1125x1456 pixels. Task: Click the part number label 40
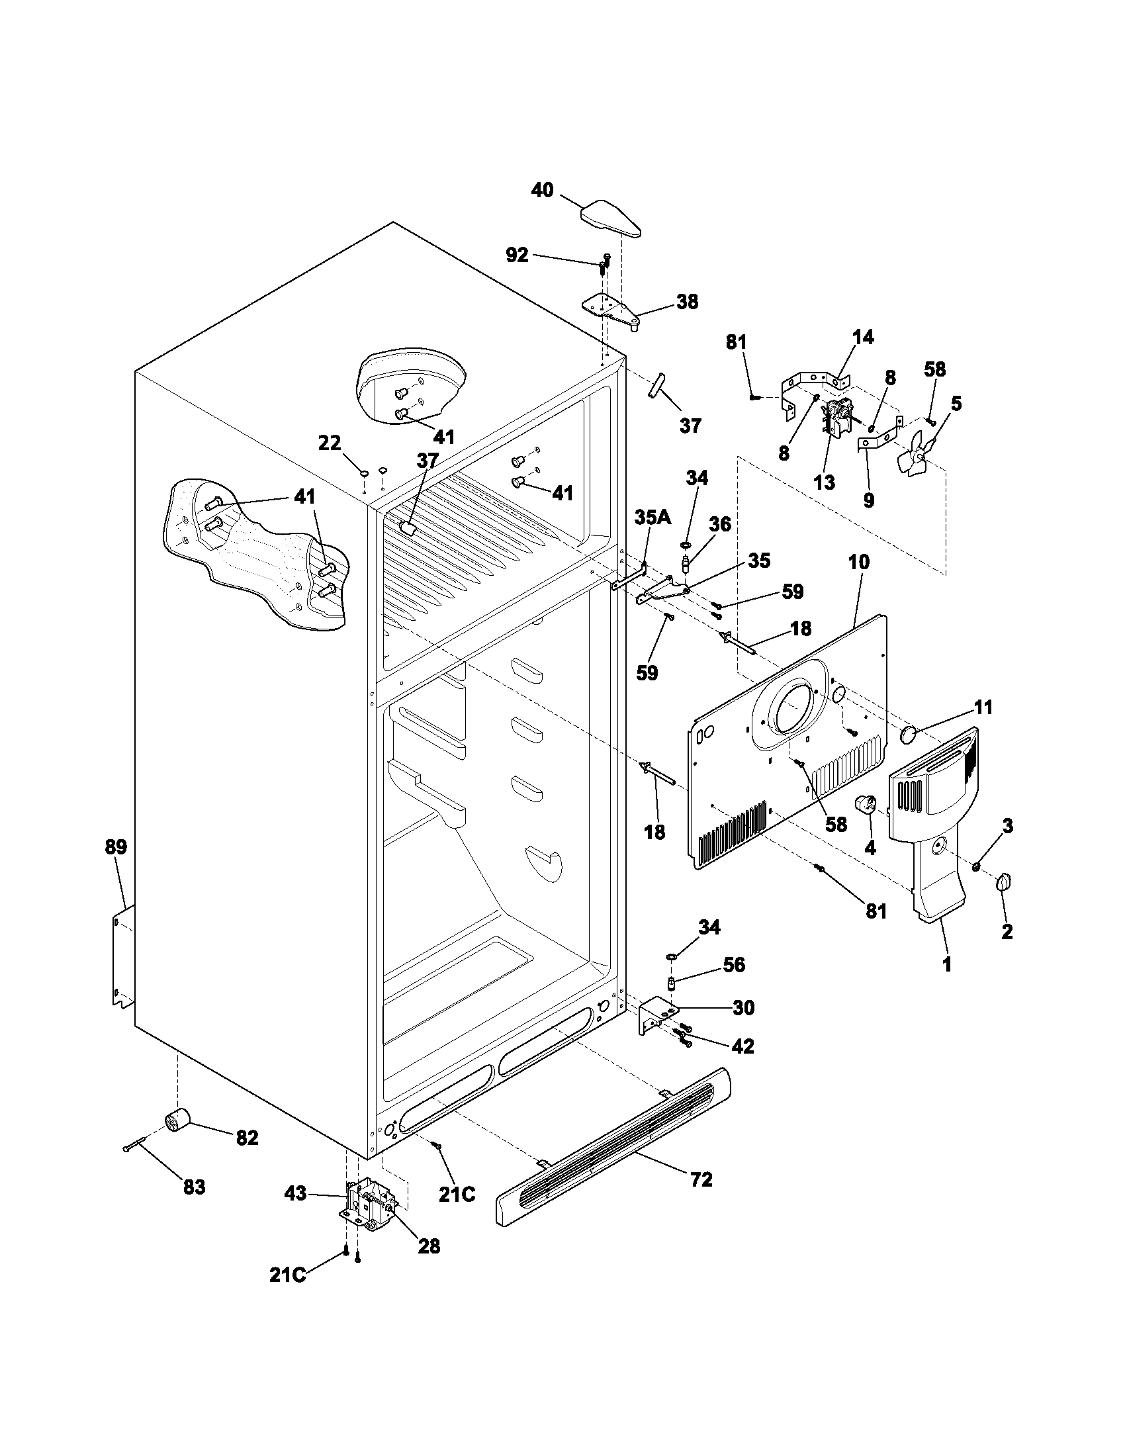[542, 191]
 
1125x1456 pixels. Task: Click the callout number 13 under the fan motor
[825, 482]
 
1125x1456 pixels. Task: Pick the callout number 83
[194, 1187]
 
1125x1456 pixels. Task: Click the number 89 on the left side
[116, 847]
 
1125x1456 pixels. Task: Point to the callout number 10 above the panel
[858, 562]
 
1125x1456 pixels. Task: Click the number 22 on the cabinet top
[330, 443]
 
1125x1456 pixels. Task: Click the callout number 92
[517, 255]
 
